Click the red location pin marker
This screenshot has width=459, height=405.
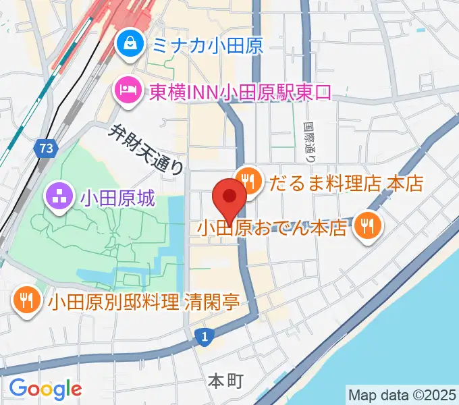click(230, 198)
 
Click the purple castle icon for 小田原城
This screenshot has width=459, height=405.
click(57, 198)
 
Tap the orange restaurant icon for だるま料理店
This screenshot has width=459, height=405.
click(248, 182)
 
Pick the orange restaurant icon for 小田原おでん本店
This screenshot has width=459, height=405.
click(367, 227)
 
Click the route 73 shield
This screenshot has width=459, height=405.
click(46, 148)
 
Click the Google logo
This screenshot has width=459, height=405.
click(45, 388)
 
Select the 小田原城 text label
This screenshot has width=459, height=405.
click(118, 198)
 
